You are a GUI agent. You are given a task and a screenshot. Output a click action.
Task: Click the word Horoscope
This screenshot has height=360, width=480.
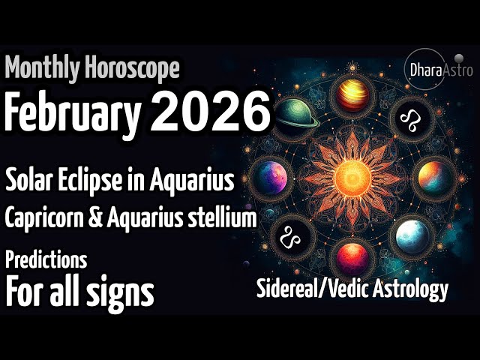click(x=132, y=69)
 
